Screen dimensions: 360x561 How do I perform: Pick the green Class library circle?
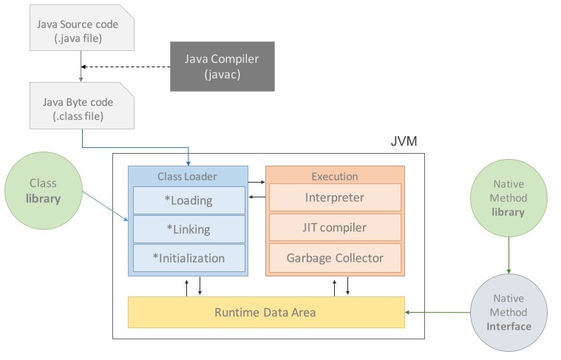[x=43, y=191]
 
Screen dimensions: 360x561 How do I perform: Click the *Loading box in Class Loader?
[x=188, y=200]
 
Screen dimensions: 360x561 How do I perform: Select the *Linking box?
[x=188, y=229]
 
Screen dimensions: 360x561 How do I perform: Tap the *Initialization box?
[x=188, y=258]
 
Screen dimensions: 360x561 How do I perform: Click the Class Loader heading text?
[x=188, y=177]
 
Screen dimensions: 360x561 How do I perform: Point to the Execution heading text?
[x=334, y=177]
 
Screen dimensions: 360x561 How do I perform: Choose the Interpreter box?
[x=334, y=197]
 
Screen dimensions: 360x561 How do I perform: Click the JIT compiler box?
[x=334, y=228]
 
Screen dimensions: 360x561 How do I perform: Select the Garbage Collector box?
[x=334, y=258]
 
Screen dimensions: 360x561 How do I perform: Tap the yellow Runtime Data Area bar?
[x=266, y=312]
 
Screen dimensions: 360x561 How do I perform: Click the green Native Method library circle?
[x=508, y=201]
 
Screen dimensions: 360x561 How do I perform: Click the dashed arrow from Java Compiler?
[x=126, y=67]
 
